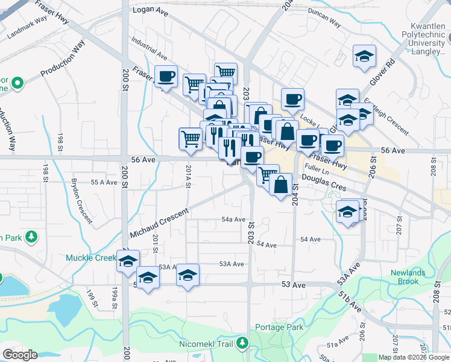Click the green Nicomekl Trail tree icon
click(242, 343)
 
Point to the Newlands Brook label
click(412, 277)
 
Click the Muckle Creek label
click(90, 258)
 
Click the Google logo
click(20, 354)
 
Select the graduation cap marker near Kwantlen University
click(364, 57)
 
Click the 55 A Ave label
click(102, 182)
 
